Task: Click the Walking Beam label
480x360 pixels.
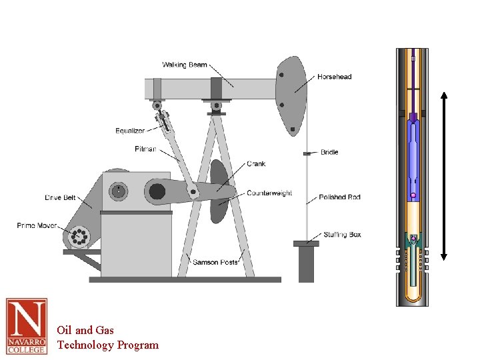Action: click(x=185, y=65)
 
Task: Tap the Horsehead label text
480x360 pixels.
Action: click(x=334, y=77)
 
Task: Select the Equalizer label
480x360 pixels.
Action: click(x=130, y=131)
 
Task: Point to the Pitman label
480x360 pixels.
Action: click(x=145, y=149)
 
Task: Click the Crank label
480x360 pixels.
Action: click(x=256, y=164)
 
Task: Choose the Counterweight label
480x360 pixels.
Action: click(x=269, y=193)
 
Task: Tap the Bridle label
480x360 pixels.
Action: click(x=329, y=152)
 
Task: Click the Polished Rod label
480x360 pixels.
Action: click(x=339, y=197)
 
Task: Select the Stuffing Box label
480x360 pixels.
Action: click(x=342, y=235)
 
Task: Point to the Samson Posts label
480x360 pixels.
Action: click(x=215, y=262)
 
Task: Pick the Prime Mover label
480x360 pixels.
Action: click(x=37, y=227)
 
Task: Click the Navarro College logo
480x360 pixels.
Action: click(x=27, y=325)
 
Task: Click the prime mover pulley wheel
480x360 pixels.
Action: click(x=78, y=236)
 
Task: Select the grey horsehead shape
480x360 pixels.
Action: click(x=291, y=93)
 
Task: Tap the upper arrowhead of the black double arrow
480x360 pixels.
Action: click(x=445, y=94)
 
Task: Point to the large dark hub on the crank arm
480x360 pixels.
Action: click(x=157, y=192)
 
